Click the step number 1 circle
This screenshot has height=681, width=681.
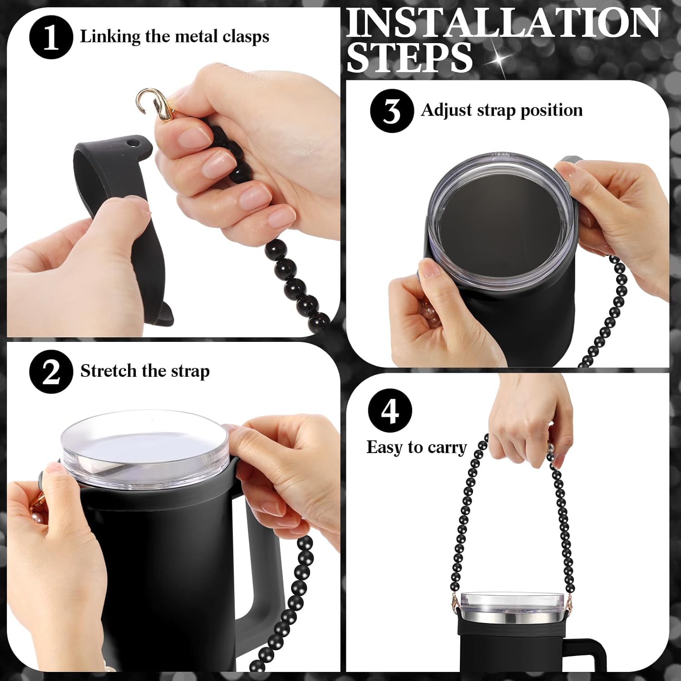pyautogui.click(x=51, y=38)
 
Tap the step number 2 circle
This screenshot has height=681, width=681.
pyautogui.click(x=51, y=372)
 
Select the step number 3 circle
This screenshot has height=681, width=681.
pyautogui.click(x=391, y=111)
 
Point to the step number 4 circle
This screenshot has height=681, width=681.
pyautogui.click(x=390, y=411)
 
